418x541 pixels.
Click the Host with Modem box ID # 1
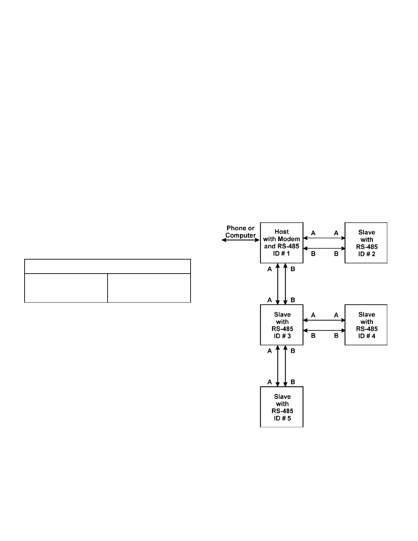[x=282, y=242]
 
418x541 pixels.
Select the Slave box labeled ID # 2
[x=366, y=243]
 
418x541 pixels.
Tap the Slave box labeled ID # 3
[x=282, y=325]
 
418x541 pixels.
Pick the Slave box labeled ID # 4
[x=366, y=325]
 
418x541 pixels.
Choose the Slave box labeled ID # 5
[x=282, y=407]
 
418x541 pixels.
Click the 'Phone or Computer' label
[x=240, y=232]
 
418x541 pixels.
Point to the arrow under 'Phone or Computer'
[x=241, y=240]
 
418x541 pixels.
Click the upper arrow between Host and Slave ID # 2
[x=324, y=238]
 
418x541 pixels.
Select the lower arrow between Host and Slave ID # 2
[x=324, y=248]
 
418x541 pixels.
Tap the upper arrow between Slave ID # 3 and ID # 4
[x=324, y=320]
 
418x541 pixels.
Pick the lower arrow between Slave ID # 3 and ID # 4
[x=324, y=330]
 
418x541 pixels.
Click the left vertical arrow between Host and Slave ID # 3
[x=278, y=284]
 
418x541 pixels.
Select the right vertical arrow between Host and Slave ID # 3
[x=285, y=284]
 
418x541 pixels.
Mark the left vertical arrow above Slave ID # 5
[x=278, y=366]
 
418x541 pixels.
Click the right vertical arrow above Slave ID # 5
[x=285, y=366]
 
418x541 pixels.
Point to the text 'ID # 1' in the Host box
[x=282, y=254]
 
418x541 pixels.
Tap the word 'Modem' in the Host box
[x=290, y=239]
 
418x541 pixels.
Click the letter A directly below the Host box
[x=270, y=269]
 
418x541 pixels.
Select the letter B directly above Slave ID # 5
[x=293, y=382]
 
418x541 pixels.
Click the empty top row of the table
[x=107, y=266]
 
